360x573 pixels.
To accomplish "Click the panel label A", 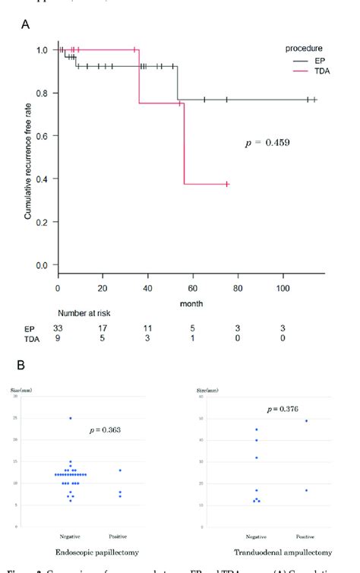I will pyautogui.click(x=26, y=24).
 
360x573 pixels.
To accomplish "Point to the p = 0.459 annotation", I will pyautogui.click(x=266, y=142).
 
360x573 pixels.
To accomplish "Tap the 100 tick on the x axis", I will pyautogui.click(x=283, y=289).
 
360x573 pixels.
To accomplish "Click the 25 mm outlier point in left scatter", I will pyautogui.click(x=70, y=418).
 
